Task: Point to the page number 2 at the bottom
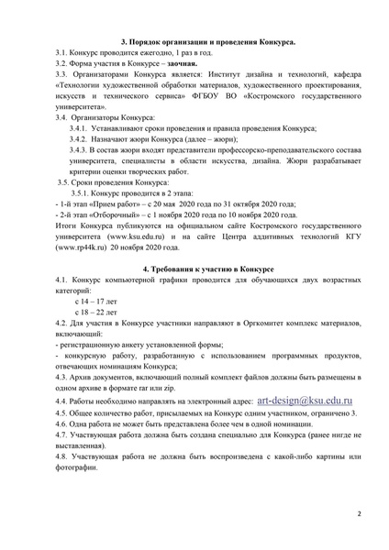coord(360,515)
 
